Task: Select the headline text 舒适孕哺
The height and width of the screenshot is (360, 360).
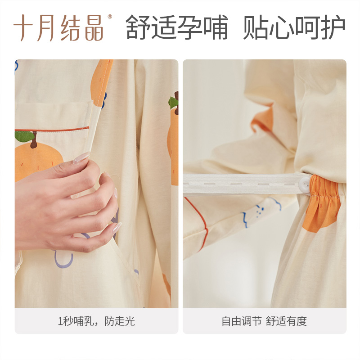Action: (x=177, y=27)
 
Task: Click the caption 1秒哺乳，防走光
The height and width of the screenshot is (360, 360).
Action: (x=96, y=321)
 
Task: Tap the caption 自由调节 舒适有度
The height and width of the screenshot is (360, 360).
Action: (x=264, y=321)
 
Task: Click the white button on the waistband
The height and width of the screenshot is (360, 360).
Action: (x=305, y=184)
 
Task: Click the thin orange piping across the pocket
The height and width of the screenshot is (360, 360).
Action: (x=58, y=130)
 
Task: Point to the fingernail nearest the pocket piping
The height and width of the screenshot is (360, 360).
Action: (x=81, y=157)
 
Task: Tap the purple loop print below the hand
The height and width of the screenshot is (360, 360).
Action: (x=63, y=259)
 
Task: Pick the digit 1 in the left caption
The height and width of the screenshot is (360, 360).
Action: (x=60, y=321)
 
